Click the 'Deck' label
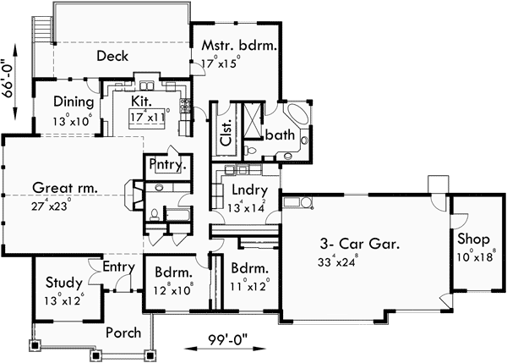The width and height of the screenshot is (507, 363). click(x=112, y=57)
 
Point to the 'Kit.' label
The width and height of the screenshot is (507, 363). click(x=142, y=101)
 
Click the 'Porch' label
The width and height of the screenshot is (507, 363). click(x=123, y=333)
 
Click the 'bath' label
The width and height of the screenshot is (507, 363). click(x=279, y=135)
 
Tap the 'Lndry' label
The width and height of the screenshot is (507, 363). click(x=249, y=190)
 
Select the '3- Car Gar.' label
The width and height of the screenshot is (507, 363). click(x=358, y=242)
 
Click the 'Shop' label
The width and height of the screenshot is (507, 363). click(x=473, y=239)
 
